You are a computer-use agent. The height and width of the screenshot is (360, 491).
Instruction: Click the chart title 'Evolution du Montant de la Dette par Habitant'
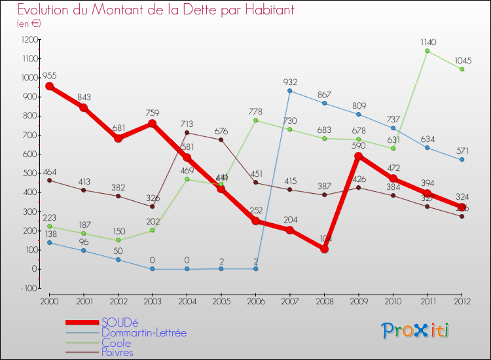pos(156,10)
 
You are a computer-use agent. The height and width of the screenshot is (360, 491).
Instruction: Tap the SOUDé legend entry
pos(120,323)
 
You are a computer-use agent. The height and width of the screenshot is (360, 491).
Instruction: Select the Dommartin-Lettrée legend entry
pos(143,333)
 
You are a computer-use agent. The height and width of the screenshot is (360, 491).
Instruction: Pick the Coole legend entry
pos(116,343)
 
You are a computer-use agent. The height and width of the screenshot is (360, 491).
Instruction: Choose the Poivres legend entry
pos(117,353)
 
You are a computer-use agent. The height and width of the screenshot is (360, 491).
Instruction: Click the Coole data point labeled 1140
pos(427,50)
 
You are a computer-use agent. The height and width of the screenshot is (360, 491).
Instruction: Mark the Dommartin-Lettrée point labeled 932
pos(289,90)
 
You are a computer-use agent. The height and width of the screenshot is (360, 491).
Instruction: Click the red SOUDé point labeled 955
pos(49,86)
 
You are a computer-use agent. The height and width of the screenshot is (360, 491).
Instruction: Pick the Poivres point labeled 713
pos(187,133)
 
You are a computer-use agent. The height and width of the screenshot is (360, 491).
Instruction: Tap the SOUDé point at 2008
pos(324,249)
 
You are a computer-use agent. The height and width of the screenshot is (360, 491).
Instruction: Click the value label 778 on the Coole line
pos(255,112)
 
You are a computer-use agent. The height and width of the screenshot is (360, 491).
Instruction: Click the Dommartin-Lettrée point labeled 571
pos(462,160)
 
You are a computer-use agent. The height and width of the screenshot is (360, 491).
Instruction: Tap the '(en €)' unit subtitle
pos(29,24)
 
